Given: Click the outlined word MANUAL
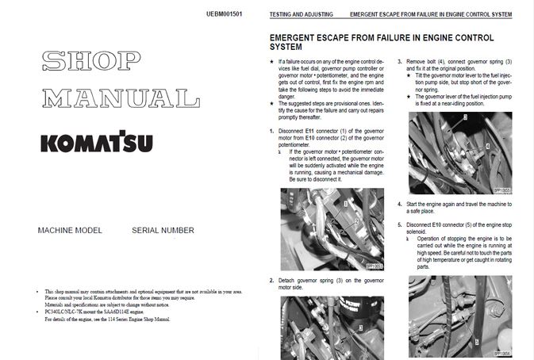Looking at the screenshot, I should (x=121, y=98).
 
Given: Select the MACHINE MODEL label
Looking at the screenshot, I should (x=70, y=231).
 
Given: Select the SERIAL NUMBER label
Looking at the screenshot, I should (x=163, y=231).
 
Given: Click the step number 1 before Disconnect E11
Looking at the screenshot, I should (x=272, y=130).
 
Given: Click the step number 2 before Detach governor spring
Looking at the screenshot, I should (x=272, y=281).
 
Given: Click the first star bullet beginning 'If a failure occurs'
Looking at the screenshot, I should (x=272, y=61).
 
